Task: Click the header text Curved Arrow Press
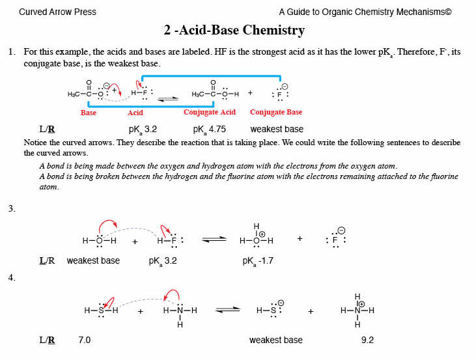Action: (x=57, y=12)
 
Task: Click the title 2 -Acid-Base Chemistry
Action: (x=234, y=31)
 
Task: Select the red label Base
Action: (x=89, y=113)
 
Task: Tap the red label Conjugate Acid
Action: (x=210, y=113)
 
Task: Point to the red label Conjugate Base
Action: (x=277, y=113)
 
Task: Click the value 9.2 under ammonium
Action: (x=367, y=340)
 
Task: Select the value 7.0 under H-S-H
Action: (x=84, y=340)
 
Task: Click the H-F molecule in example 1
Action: (x=143, y=93)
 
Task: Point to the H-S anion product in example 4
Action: (x=269, y=311)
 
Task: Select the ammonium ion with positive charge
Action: (x=357, y=311)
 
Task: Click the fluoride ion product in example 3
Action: (x=335, y=240)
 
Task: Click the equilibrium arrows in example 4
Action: (x=228, y=311)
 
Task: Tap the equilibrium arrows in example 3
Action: (x=214, y=240)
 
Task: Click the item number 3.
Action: (x=12, y=209)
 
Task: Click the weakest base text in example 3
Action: (x=93, y=261)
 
